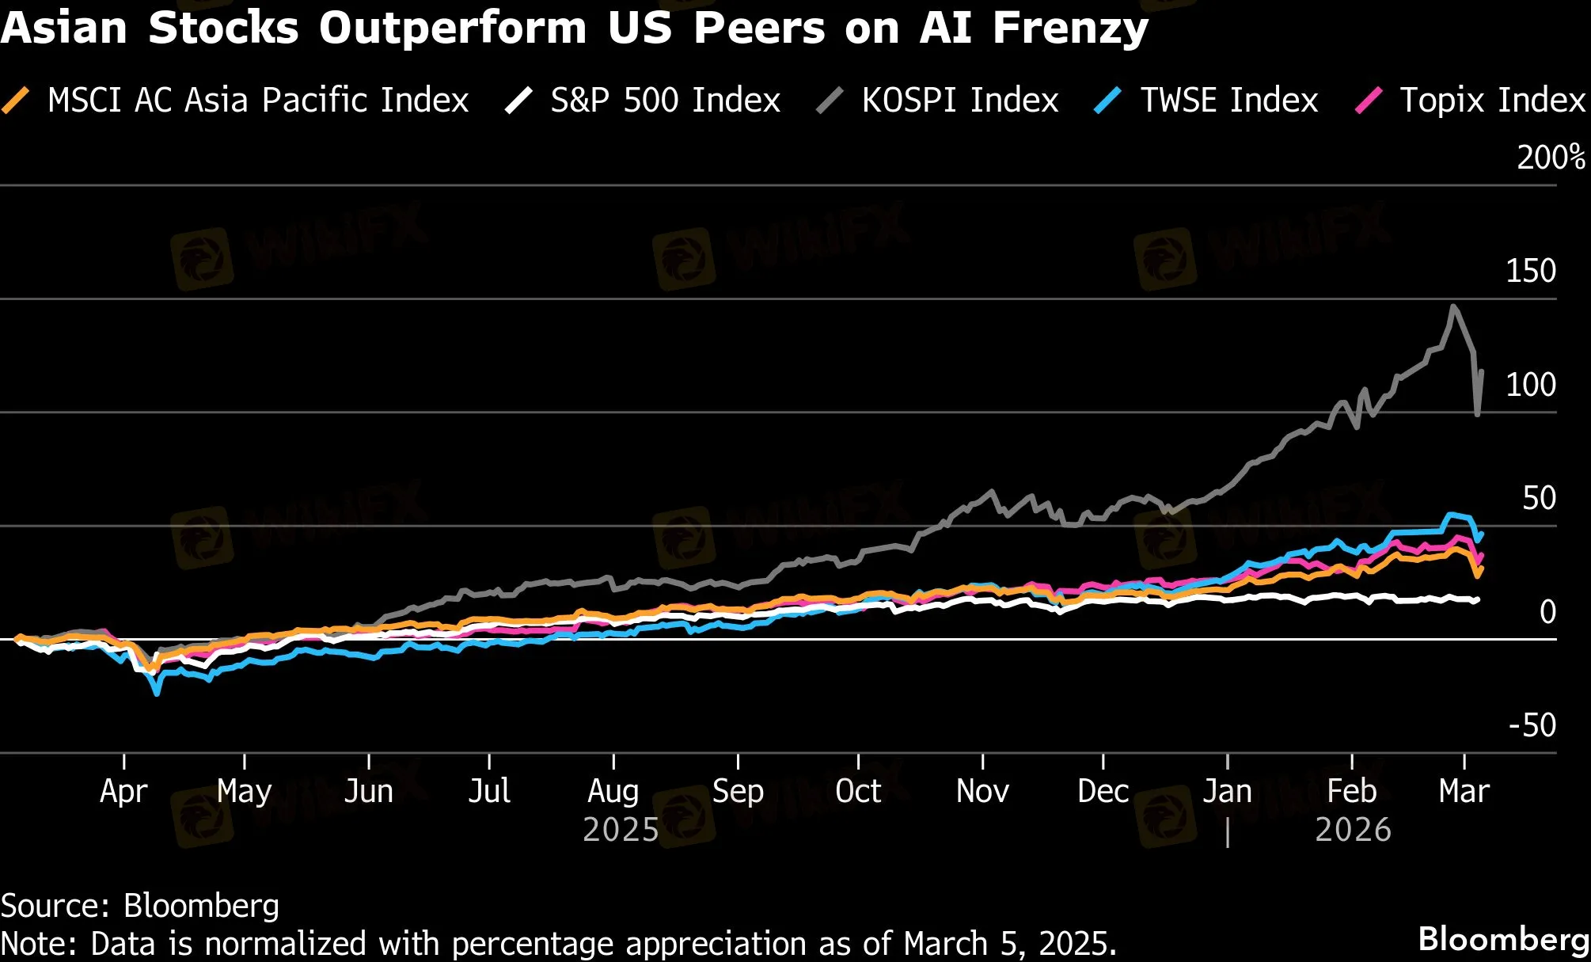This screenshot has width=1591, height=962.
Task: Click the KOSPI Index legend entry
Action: (959, 101)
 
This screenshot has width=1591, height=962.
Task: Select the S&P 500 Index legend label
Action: (665, 101)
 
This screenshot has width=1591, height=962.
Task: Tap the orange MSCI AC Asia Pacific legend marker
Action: (16, 101)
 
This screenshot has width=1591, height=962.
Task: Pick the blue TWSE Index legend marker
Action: (1107, 101)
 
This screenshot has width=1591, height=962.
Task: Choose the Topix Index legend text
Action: (1492, 101)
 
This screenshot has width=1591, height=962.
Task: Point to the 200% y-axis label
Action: (1551, 158)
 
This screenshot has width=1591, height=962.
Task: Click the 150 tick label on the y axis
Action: (1530, 271)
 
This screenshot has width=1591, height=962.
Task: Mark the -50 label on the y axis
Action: (1532, 725)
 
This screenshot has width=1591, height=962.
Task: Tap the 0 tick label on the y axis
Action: (1547, 611)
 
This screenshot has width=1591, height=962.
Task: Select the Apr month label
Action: (123, 791)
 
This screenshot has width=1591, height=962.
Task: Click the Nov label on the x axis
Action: (982, 791)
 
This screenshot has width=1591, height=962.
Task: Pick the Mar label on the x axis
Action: (1464, 791)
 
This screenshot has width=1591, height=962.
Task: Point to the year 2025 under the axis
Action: (621, 830)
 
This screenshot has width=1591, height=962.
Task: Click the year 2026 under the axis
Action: (1353, 830)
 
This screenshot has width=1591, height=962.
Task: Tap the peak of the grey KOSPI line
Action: (1453, 306)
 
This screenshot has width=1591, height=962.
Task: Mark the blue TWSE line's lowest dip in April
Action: (157, 694)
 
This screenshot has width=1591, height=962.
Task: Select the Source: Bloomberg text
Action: (140, 906)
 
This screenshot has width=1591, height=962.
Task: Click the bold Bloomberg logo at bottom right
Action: (1503, 939)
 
